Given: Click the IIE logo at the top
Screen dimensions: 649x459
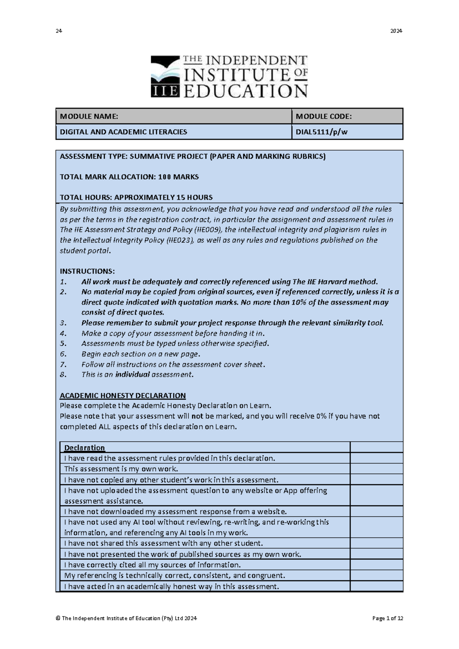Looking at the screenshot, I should [x=229, y=76].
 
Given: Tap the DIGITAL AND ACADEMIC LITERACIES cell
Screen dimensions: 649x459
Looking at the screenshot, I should [x=124, y=132].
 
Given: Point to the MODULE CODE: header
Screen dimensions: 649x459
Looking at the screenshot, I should [x=324, y=116].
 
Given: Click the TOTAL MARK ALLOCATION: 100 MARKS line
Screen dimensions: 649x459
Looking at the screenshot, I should [x=129, y=177].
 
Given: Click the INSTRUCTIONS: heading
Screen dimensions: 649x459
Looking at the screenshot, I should [x=87, y=271].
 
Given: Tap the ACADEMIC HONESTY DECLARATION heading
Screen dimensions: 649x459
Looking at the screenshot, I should [x=123, y=395].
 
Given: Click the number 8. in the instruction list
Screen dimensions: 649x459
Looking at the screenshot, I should [x=63, y=375].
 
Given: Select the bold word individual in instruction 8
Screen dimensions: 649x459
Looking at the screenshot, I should [x=132, y=375].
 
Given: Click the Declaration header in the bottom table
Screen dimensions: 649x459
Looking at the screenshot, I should [x=85, y=448].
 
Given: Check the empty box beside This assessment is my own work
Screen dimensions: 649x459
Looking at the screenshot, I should [x=376, y=469].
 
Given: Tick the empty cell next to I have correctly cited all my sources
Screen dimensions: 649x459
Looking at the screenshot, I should [x=376, y=565].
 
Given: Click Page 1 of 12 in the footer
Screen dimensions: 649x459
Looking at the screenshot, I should [x=387, y=618].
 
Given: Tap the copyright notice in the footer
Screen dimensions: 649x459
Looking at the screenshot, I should [x=126, y=618].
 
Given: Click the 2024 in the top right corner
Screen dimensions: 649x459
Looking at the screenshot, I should [x=396, y=31].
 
